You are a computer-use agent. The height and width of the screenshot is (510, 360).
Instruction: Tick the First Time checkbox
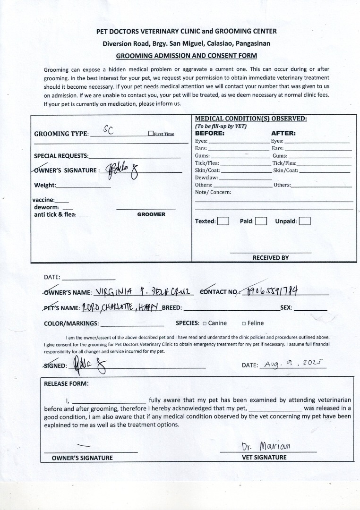(151, 134)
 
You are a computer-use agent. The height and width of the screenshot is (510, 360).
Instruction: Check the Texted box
(223, 221)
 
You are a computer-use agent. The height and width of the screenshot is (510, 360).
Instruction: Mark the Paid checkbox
(261, 221)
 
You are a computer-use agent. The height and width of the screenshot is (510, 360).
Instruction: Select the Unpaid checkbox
(305, 221)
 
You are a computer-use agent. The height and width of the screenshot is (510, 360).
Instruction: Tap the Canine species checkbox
(205, 323)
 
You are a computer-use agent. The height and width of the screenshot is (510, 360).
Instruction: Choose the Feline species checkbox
(244, 323)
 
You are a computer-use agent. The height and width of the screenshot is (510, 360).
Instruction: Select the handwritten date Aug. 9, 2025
(293, 365)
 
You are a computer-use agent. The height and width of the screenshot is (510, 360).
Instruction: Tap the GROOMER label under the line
(151, 214)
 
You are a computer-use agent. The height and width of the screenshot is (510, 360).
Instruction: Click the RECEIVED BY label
(270, 258)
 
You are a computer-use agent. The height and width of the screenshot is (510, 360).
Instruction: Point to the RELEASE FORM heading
(66, 383)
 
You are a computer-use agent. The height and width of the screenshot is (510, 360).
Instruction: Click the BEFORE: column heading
(210, 133)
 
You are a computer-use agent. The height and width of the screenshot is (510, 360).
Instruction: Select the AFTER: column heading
(283, 133)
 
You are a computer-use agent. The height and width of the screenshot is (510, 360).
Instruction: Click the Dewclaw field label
(206, 178)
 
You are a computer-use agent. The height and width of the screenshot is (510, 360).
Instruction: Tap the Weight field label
(45, 185)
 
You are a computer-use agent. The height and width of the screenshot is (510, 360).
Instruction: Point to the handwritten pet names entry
(122, 307)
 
